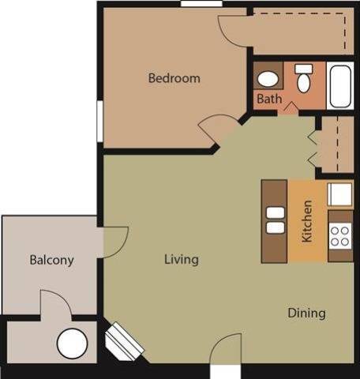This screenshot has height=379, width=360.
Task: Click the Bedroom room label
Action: (x=174, y=78)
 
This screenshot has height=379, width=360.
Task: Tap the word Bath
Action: (x=268, y=99)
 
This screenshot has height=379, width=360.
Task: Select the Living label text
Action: (x=181, y=259)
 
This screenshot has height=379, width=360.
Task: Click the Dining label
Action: (x=306, y=313)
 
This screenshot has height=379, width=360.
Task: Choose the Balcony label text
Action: (x=51, y=260)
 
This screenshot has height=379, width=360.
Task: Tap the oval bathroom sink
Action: (x=269, y=79)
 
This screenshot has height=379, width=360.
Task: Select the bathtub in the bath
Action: (x=341, y=85)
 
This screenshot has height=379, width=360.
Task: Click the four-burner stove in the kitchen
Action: (x=340, y=235)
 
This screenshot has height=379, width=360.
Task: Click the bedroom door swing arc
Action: (x=217, y=126)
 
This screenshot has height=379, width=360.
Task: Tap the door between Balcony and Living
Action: (x=115, y=239)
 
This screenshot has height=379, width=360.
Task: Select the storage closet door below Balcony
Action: (x=54, y=304)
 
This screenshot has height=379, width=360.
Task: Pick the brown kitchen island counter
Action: (x=275, y=221)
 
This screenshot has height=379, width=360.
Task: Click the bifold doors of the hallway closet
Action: (x=315, y=144)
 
